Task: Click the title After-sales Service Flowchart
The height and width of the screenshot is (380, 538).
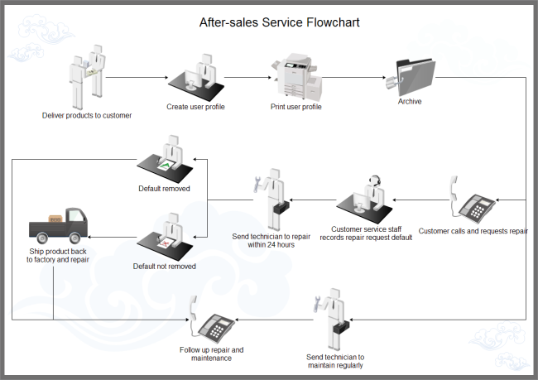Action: [268, 22]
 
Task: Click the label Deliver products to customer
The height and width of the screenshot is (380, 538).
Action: [87, 116]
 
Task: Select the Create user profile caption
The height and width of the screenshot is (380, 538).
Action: [196, 107]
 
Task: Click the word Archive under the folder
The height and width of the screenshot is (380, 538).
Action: [410, 102]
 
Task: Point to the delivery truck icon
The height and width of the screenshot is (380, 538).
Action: [59, 223]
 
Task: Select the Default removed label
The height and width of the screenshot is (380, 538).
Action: [165, 189]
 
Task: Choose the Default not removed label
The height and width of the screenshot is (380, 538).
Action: [165, 267]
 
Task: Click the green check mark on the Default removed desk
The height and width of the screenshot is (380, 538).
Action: [168, 166]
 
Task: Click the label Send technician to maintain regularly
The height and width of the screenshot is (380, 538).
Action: [335, 361]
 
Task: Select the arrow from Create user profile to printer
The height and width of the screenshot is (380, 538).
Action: [248, 78]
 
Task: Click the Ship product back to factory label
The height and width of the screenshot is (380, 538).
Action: [58, 255]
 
